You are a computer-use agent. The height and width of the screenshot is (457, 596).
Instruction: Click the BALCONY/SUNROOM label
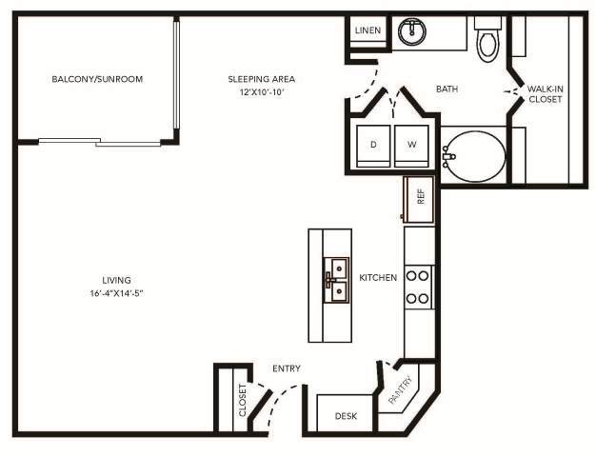(x=97, y=79)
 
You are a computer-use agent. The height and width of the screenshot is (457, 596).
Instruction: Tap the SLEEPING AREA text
(x=261, y=79)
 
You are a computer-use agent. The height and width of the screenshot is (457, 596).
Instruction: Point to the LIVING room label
(x=116, y=280)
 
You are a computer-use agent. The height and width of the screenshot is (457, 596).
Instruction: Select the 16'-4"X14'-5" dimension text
(x=116, y=293)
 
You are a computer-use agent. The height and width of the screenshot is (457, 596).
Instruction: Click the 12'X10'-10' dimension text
(x=261, y=92)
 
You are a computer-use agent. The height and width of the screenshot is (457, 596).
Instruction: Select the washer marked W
(x=412, y=145)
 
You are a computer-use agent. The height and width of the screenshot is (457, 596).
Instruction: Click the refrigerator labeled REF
(x=419, y=197)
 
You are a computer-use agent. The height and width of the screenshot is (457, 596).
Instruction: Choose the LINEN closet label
(x=368, y=30)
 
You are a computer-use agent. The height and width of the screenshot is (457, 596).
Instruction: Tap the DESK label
(x=345, y=417)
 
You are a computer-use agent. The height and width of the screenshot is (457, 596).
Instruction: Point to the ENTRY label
(x=288, y=368)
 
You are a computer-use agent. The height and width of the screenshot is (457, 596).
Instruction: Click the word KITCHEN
(x=377, y=278)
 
